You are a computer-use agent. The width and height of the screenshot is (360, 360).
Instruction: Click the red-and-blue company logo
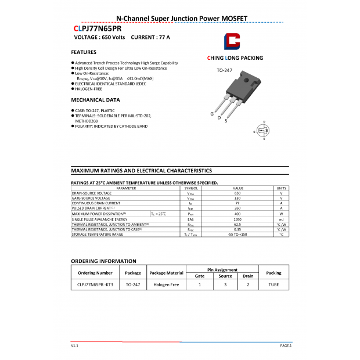(x=232, y=42)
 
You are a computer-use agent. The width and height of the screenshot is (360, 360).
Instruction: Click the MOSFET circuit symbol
(x=262, y=131)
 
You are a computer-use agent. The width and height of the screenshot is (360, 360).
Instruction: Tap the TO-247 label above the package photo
(x=224, y=70)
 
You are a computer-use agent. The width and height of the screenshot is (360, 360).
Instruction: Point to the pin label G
(x=212, y=114)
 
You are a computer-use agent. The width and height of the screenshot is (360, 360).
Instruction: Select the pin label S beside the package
(x=226, y=121)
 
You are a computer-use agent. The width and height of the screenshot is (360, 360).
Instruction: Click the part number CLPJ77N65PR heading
(x=97, y=28)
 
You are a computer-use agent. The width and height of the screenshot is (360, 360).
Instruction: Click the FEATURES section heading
(x=84, y=52)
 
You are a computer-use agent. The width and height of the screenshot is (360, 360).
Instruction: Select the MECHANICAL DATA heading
(x=95, y=100)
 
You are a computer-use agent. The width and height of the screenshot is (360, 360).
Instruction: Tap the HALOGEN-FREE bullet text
(x=90, y=89)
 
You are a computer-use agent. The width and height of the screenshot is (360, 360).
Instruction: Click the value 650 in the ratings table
(x=237, y=193)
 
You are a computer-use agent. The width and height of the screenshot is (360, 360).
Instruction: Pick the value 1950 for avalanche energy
(x=237, y=219)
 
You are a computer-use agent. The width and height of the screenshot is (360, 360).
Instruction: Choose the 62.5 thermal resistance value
(x=237, y=224)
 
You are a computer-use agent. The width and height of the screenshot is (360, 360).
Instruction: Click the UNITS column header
(x=281, y=188)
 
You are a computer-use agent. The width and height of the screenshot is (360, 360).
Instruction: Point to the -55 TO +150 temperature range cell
(x=237, y=234)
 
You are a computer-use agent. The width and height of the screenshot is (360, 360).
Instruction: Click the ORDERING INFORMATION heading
(x=103, y=261)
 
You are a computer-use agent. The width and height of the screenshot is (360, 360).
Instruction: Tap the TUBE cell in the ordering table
(x=273, y=285)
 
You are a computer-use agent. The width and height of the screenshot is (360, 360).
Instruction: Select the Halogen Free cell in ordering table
(x=166, y=285)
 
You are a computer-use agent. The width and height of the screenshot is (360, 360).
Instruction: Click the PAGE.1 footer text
(x=286, y=345)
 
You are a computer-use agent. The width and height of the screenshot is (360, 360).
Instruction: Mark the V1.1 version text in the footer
(x=74, y=345)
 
